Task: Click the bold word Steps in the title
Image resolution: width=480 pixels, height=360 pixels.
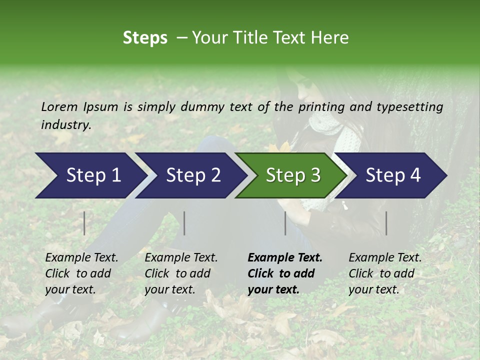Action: [x=145, y=38]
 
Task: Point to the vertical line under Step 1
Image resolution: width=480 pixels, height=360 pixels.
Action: [x=84, y=223]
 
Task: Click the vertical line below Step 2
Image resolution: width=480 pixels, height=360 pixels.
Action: [x=184, y=223]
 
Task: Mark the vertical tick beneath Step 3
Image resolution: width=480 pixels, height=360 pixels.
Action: [x=285, y=223]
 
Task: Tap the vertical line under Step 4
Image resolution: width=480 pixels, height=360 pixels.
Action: [x=386, y=223]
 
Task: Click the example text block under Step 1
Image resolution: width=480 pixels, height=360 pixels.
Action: [x=81, y=273]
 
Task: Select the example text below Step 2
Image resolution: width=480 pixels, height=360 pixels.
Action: [x=181, y=273]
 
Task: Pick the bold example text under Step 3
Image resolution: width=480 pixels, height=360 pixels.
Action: [x=285, y=273]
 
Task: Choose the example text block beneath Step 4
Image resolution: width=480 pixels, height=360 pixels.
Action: [x=385, y=273]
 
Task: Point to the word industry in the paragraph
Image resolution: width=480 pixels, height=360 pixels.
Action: [x=65, y=124]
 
